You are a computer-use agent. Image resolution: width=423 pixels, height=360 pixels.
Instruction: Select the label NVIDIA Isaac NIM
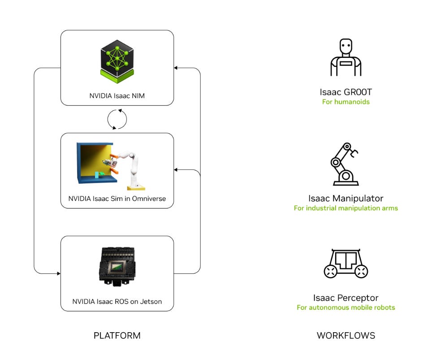[x=117, y=95]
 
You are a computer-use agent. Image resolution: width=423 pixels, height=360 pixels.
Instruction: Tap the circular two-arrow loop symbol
[x=117, y=119]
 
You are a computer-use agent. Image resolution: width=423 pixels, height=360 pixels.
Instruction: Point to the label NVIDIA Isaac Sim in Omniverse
[x=117, y=199]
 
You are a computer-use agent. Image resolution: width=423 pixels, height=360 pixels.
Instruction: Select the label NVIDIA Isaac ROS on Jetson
[x=117, y=302]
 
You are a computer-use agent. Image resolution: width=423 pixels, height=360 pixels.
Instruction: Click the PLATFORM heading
[x=117, y=335]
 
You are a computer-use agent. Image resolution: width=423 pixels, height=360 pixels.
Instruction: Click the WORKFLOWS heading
[x=345, y=335]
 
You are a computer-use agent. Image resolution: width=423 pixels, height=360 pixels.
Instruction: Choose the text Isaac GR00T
[x=345, y=92]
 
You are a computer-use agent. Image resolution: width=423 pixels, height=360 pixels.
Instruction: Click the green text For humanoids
[x=345, y=102]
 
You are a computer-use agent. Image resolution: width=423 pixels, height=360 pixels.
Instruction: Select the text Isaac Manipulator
[x=345, y=198]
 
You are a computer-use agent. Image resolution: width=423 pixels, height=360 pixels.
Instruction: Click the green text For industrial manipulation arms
[x=345, y=208]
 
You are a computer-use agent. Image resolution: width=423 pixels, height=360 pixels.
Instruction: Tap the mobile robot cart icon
[x=345, y=264]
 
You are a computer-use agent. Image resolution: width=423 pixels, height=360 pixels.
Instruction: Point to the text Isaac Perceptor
[x=345, y=298]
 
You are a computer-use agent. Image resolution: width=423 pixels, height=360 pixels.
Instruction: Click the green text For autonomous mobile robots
[x=345, y=308]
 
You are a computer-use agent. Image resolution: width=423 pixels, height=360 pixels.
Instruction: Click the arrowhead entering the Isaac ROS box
[x=58, y=273]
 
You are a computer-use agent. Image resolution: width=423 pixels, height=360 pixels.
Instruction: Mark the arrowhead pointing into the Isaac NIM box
[x=176, y=68]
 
